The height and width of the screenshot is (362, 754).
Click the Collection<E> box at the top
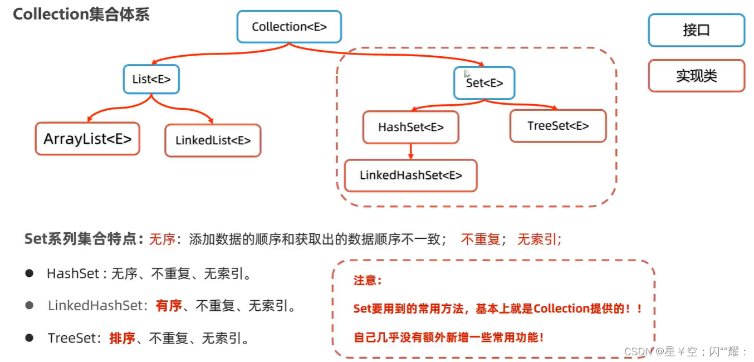[289, 27]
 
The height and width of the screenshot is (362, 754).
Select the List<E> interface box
[151, 79]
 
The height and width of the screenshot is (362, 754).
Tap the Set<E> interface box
[484, 83]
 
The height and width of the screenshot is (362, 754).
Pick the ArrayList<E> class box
[87, 139]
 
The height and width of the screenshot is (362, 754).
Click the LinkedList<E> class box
[213, 140]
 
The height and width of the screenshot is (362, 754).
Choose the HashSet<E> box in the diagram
[410, 128]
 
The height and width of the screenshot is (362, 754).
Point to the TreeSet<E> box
[558, 126]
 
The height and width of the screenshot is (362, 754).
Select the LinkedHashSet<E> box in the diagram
[410, 175]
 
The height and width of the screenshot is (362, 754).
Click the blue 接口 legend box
[696, 30]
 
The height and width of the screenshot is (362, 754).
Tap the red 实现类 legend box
[696, 76]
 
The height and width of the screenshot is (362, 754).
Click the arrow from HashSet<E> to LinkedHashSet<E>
[410, 151]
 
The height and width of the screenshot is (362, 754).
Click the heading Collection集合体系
[81, 14]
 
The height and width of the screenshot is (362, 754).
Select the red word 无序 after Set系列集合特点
[161, 239]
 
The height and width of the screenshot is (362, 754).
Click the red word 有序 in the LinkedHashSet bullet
[169, 306]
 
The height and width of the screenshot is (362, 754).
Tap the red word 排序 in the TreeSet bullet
[122, 338]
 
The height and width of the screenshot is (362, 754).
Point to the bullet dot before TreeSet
[30, 337]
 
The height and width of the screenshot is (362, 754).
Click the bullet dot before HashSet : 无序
[30, 273]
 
